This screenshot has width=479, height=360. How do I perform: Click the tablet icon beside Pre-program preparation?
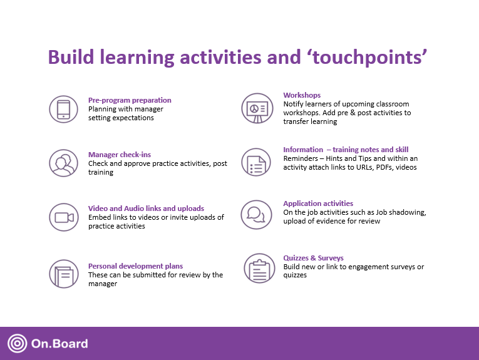pyautogui.click(x=63, y=109)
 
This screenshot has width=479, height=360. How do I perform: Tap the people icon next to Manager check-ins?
pyautogui.click(x=63, y=163)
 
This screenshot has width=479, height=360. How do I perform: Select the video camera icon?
pyautogui.click(x=63, y=217)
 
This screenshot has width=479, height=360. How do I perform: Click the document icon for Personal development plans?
pyautogui.click(x=63, y=274)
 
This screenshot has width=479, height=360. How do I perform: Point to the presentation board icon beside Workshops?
pyautogui.click(x=255, y=109)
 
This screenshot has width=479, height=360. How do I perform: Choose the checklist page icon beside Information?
pyautogui.click(x=255, y=163)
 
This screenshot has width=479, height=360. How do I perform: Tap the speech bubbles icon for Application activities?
pyautogui.click(x=255, y=214)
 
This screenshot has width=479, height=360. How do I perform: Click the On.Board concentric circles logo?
pyautogui.click(x=17, y=343)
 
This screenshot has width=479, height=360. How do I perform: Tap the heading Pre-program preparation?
pyautogui.click(x=130, y=100)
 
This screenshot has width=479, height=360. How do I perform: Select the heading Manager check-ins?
pyautogui.click(x=120, y=155)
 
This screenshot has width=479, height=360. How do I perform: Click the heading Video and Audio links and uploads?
pyautogui.click(x=146, y=208)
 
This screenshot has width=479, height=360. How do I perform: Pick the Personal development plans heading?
pyautogui.click(x=135, y=266)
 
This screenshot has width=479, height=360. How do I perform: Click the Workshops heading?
pyautogui.click(x=302, y=95)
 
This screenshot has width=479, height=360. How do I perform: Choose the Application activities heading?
pyautogui.click(x=318, y=203)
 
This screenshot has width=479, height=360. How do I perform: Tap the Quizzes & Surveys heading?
pyautogui.click(x=313, y=258)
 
